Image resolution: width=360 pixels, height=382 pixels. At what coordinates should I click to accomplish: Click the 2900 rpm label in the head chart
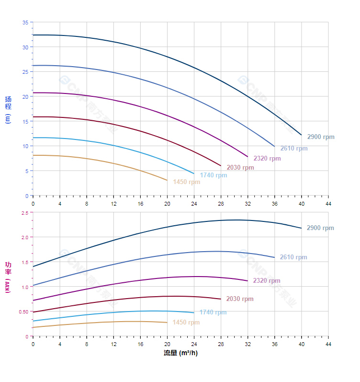321,137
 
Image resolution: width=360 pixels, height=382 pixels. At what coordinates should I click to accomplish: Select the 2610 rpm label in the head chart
294,149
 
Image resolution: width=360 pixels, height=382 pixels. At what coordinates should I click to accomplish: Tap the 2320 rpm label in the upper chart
267,159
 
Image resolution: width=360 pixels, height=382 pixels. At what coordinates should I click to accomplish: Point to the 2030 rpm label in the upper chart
240,168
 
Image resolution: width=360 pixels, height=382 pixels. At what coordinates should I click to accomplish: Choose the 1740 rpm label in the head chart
214,175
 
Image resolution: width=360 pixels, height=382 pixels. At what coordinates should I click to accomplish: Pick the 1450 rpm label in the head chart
187,182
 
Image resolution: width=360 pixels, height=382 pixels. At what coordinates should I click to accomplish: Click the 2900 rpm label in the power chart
320,228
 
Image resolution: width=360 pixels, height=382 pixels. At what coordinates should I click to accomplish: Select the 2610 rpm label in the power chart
293,257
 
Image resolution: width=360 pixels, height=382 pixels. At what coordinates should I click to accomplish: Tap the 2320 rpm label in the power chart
267,281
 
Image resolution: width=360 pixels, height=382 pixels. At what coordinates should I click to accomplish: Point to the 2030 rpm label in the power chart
240,299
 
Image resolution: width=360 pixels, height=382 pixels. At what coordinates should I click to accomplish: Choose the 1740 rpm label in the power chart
213,313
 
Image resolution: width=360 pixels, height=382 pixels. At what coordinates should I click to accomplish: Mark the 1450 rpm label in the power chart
186,323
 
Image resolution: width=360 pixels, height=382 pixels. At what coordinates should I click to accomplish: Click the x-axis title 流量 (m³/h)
180,353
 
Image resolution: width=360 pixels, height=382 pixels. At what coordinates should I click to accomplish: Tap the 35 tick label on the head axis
25,23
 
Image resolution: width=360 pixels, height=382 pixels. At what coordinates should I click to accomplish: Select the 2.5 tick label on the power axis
25,213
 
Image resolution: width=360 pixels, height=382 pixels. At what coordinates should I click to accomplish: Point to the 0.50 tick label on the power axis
24,312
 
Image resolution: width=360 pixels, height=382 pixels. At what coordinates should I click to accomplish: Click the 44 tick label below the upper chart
328,203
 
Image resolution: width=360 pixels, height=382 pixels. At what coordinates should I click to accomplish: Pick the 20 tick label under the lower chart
167,344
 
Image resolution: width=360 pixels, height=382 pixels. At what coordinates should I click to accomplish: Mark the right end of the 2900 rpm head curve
301,135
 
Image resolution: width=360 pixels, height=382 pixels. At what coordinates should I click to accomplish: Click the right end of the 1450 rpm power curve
167,322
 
